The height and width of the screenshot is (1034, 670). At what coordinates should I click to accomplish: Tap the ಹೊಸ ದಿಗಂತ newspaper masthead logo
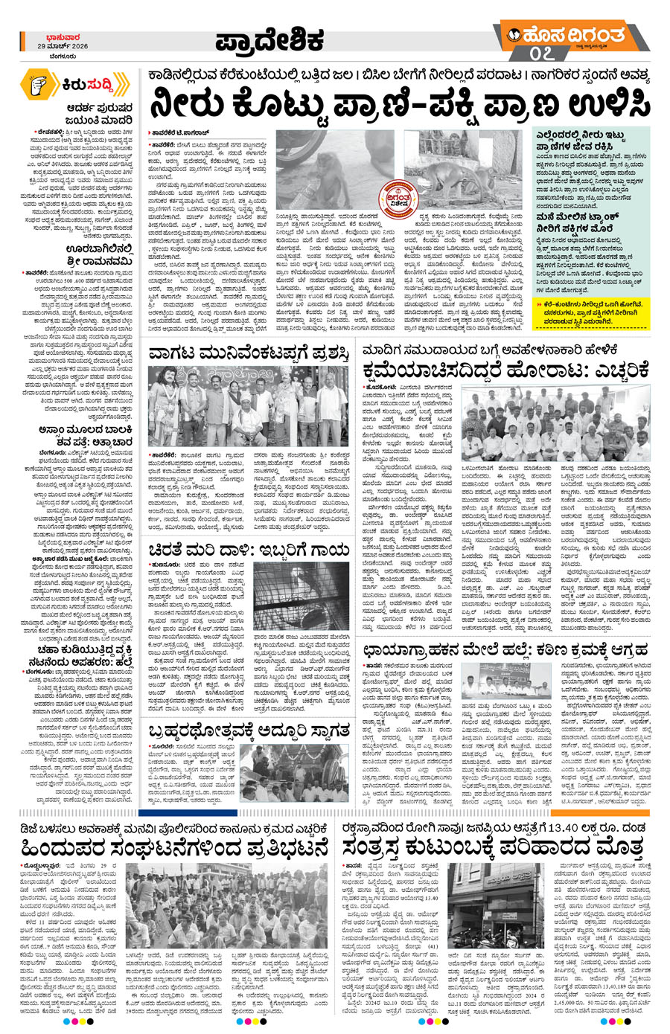point(566,35)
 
